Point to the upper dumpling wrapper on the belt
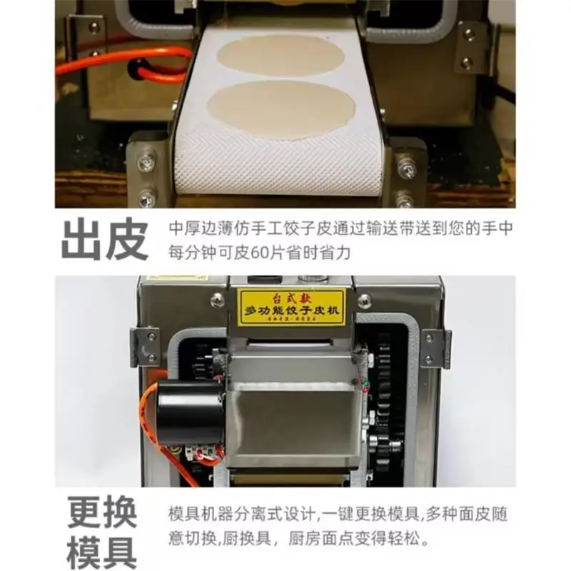[281, 56]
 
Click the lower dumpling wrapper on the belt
[281, 109]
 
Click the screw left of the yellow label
[217, 300]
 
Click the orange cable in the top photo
[121, 61]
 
